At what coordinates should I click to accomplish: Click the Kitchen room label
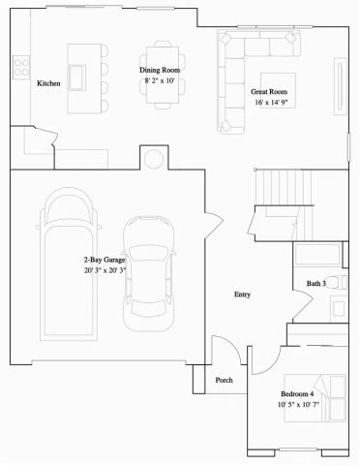[x=49, y=84]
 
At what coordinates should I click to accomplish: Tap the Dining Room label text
[x=161, y=71]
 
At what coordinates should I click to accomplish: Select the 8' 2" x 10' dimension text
[x=161, y=81]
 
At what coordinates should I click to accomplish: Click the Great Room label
[x=270, y=90]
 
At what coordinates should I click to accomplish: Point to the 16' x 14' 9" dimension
[x=271, y=102]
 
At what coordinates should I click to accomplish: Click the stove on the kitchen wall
[x=19, y=66]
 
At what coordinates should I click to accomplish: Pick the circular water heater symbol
[x=153, y=158]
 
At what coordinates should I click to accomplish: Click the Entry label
[x=244, y=294]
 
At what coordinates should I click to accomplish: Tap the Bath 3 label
[x=316, y=283]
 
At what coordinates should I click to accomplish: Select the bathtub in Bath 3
[x=316, y=255]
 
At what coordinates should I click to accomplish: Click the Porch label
[x=225, y=380]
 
